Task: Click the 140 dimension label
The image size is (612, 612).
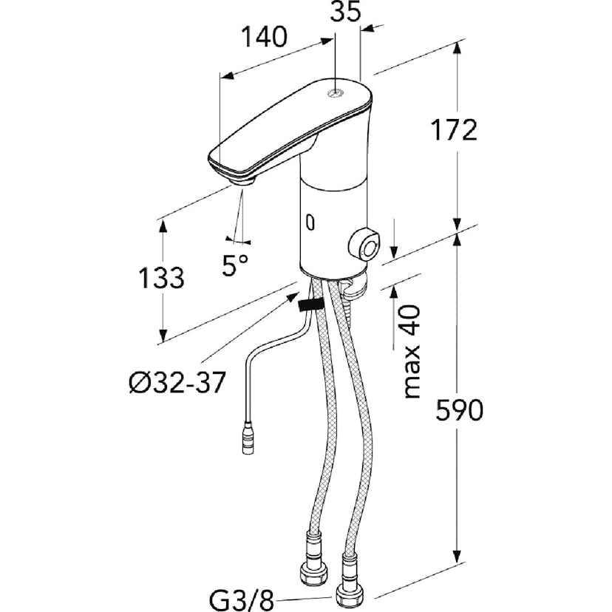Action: (263, 37)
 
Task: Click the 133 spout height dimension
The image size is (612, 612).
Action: (162, 278)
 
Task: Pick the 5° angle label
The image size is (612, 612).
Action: (236, 264)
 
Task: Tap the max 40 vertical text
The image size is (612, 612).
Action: (411, 351)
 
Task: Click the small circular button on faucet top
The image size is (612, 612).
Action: (336, 93)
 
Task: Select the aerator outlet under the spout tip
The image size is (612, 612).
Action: (242, 180)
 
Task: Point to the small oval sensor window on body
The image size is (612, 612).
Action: (310, 221)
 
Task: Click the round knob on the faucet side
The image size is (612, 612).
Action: (364, 245)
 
